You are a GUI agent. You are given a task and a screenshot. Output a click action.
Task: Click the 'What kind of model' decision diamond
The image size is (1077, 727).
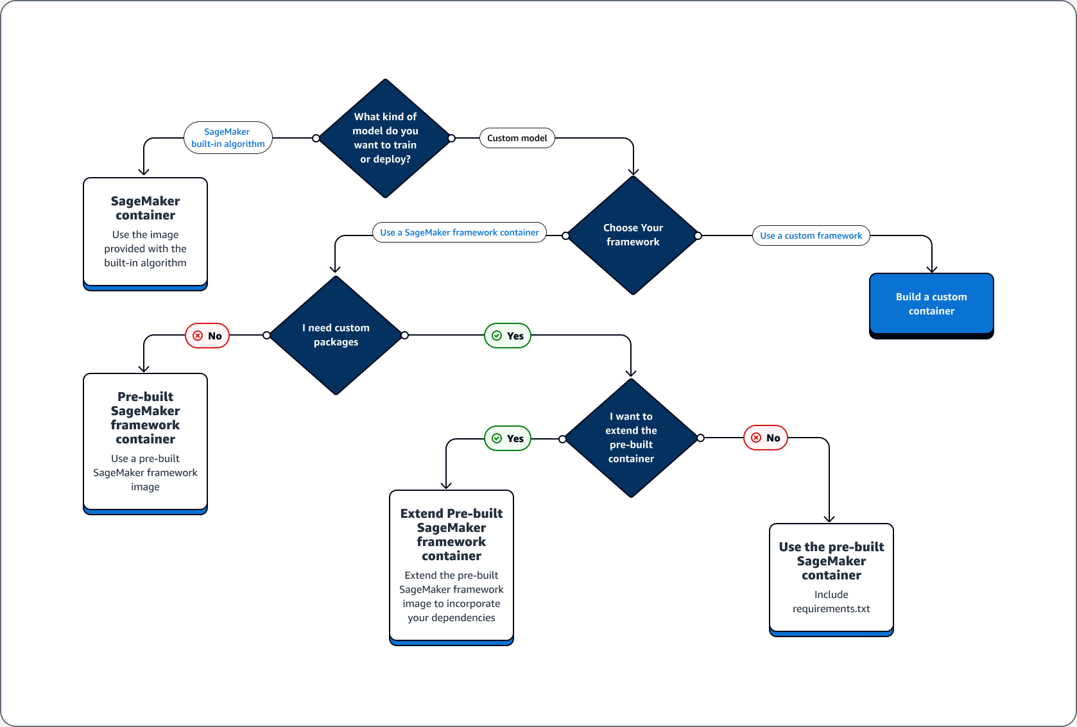click(x=385, y=138)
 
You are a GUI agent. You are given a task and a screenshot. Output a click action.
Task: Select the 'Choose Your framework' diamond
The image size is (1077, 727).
click(x=633, y=235)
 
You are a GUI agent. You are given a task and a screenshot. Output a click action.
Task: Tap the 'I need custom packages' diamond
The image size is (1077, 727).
click(x=336, y=335)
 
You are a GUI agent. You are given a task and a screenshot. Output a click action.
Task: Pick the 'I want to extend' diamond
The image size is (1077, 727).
click(x=631, y=438)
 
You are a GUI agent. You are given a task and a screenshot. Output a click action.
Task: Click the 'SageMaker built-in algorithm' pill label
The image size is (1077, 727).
click(x=228, y=138)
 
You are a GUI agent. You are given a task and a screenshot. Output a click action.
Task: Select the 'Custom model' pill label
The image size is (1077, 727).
click(x=517, y=138)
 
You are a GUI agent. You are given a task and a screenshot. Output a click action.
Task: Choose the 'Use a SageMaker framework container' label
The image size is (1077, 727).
click(x=459, y=232)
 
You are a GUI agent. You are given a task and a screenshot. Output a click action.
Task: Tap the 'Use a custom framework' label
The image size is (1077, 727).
click(x=811, y=235)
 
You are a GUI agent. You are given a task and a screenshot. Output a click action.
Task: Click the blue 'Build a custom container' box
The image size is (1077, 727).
click(x=931, y=304)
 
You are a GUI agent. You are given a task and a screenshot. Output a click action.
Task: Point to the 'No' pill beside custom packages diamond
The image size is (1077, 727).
click(x=207, y=336)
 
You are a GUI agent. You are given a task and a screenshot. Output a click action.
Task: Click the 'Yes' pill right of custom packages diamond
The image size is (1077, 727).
click(x=508, y=336)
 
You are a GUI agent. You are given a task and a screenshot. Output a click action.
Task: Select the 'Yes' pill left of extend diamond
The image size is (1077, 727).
click(x=508, y=438)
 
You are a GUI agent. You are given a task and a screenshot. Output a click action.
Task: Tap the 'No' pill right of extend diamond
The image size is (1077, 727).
click(x=765, y=438)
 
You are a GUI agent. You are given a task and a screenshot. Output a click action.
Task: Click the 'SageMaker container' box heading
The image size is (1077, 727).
click(x=145, y=208)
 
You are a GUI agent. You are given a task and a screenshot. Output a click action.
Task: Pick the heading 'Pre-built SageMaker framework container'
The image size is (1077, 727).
click(x=145, y=418)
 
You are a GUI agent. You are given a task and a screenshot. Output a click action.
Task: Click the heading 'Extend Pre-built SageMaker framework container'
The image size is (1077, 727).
click(x=451, y=535)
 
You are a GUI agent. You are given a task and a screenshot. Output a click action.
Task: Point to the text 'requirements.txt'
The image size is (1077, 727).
click(x=831, y=608)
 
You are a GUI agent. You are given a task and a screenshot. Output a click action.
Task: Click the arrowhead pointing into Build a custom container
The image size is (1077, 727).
click(x=932, y=269)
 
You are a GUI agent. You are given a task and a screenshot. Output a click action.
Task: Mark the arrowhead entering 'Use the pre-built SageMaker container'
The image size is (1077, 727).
click(x=829, y=518)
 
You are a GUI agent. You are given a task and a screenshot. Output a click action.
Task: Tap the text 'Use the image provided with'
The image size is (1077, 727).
click(x=145, y=242)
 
